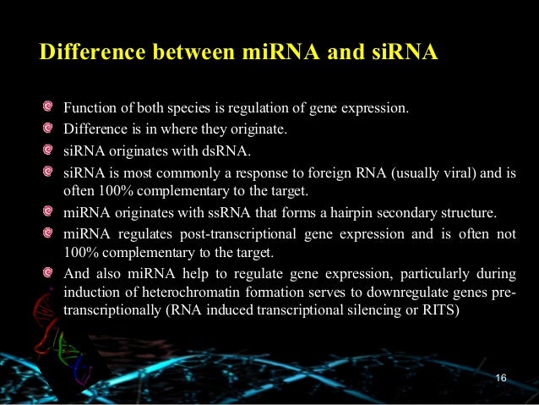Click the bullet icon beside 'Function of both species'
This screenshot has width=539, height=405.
[49, 108]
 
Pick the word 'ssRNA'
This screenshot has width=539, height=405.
[204, 211]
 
